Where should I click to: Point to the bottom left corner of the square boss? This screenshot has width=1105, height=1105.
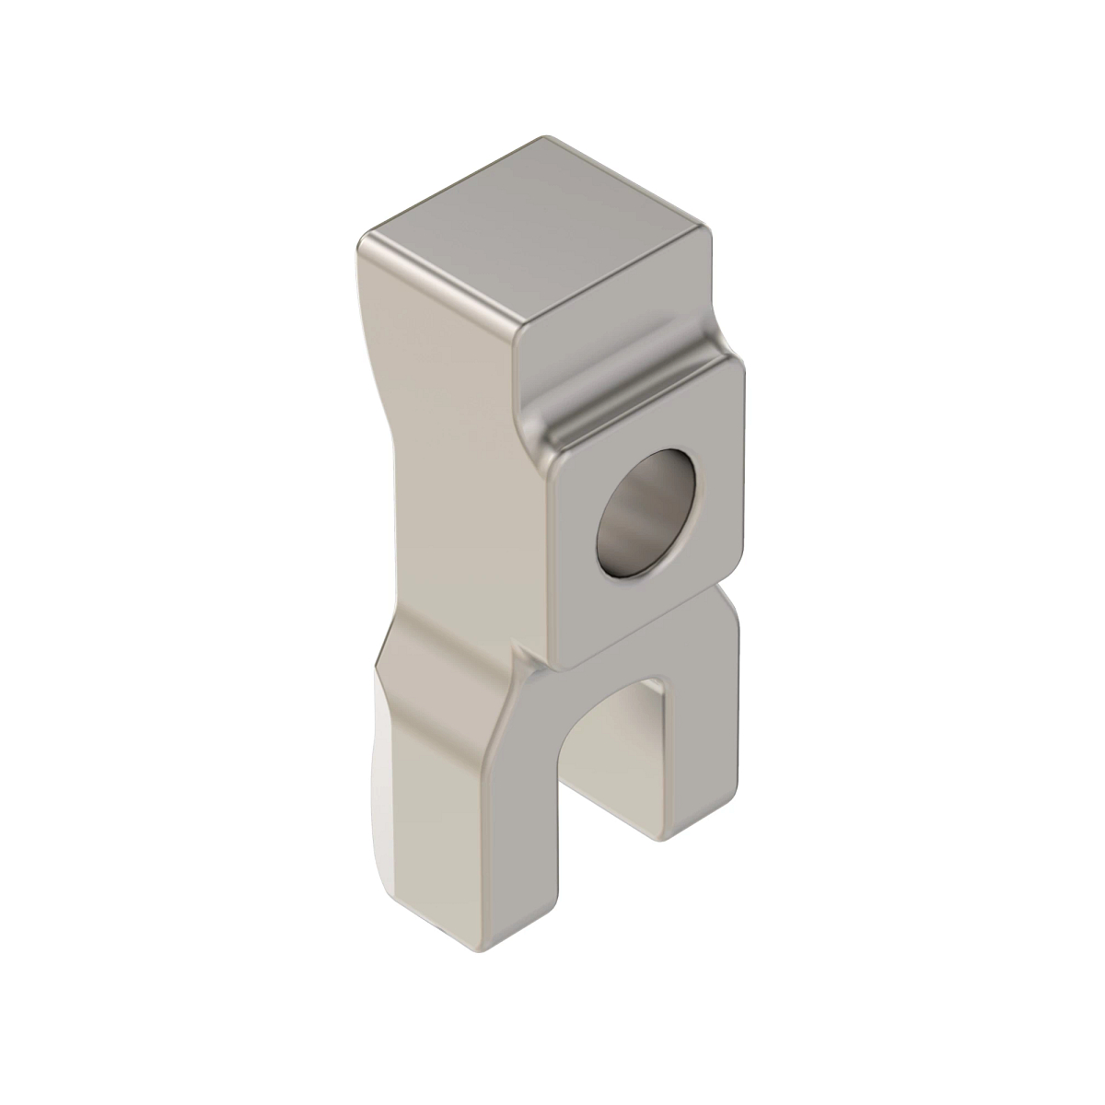click(562, 659)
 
